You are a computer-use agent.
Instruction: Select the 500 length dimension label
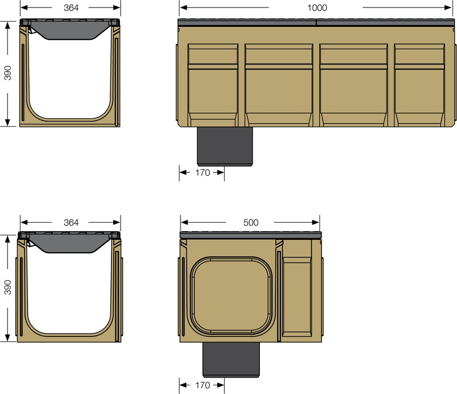coord(251,222)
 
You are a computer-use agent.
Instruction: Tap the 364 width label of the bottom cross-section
coord(71,222)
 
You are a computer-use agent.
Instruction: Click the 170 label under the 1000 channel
coord(202,172)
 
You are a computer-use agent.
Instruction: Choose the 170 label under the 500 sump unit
coord(202,385)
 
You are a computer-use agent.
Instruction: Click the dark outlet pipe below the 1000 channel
coord(225,146)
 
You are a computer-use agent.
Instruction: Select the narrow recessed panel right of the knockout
coord(296,297)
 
